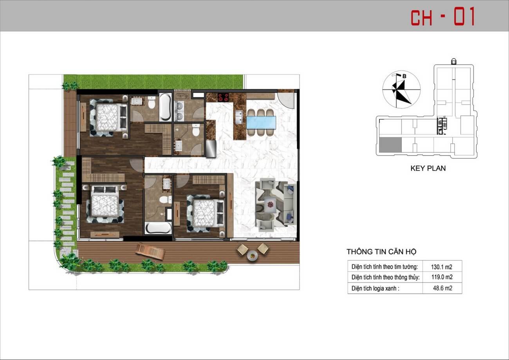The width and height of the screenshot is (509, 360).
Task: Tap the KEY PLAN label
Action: click(428, 168)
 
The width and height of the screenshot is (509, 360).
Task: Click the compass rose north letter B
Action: click(404, 76)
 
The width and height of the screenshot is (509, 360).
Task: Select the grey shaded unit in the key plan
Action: click(390, 145)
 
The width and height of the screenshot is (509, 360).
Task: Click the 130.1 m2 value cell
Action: click(442, 267)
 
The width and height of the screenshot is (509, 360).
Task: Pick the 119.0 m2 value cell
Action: click(442, 277)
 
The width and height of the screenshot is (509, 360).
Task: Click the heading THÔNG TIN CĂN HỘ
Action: click(381, 252)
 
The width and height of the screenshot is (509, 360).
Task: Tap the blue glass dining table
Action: click(261, 123)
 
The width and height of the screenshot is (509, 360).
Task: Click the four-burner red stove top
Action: click(223, 97)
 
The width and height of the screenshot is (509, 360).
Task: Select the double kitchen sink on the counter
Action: click(239, 117)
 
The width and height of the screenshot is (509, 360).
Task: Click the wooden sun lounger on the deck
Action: click(150, 251)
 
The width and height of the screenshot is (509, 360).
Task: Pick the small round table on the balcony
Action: click(253, 256)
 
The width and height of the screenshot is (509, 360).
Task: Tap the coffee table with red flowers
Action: click(270, 204)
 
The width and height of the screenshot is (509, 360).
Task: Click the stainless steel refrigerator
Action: click(211, 148)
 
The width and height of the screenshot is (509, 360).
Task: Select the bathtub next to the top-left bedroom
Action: click(165, 107)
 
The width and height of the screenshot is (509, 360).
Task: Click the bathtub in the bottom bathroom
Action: click(159, 228)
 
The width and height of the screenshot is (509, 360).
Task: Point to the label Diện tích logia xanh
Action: click(375, 288)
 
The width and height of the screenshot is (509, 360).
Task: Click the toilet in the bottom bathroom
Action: click(165, 200)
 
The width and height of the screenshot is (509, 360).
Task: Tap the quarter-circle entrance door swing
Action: click(286, 101)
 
